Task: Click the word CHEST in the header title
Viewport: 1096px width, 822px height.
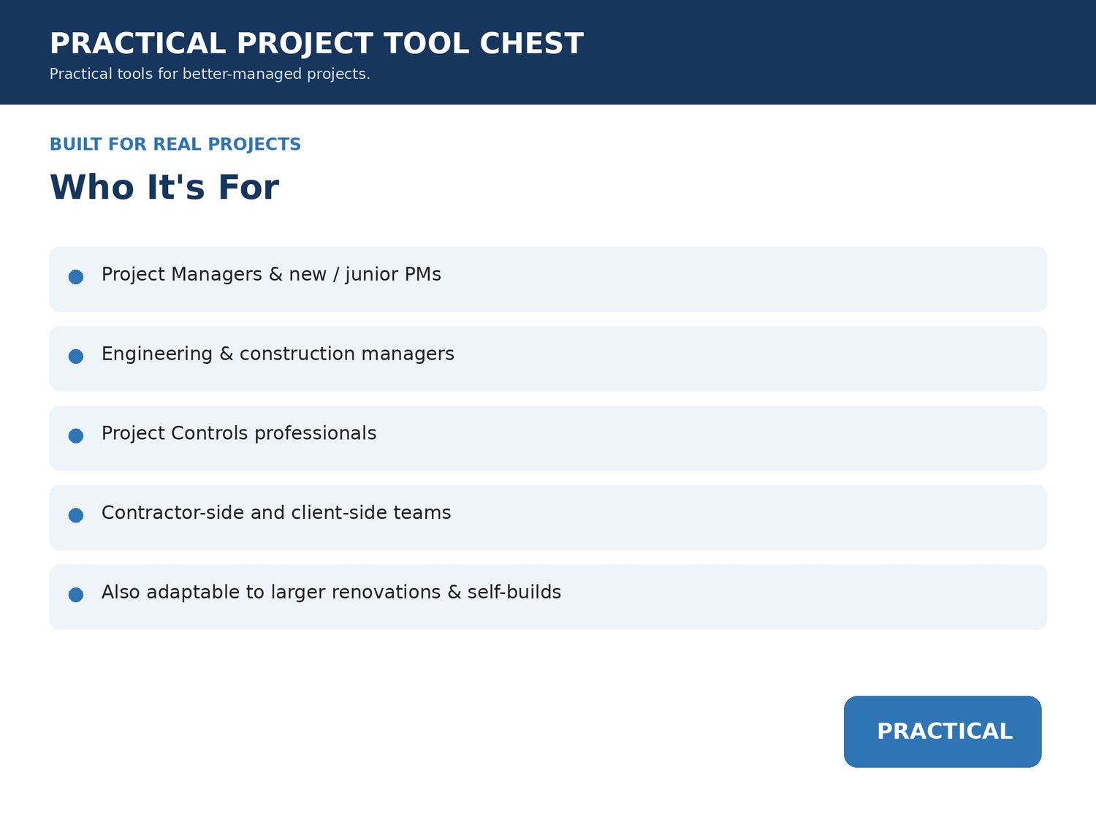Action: [x=531, y=43]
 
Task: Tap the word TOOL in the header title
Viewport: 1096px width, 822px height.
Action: [x=427, y=43]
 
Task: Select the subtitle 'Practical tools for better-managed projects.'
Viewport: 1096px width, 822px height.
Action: [x=210, y=74]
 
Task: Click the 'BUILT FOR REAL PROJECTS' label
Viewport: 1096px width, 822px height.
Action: [x=175, y=144]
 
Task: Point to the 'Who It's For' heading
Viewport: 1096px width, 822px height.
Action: [x=164, y=187]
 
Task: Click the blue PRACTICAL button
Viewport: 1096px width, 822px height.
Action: [x=943, y=731]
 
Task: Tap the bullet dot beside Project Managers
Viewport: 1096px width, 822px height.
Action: [x=76, y=277]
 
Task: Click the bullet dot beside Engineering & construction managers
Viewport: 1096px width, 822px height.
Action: [x=76, y=357]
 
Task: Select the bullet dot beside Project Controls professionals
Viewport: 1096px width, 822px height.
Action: [x=76, y=435]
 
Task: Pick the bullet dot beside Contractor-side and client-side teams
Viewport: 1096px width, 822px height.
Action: [x=76, y=515]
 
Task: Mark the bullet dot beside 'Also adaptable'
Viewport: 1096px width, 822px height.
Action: [x=76, y=595]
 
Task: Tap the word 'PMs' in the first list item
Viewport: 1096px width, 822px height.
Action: [x=423, y=275]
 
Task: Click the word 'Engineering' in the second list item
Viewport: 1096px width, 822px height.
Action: [x=157, y=354]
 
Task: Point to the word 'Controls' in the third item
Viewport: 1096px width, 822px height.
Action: [x=209, y=433]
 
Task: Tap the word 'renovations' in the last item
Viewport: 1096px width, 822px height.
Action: [x=386, y=592]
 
